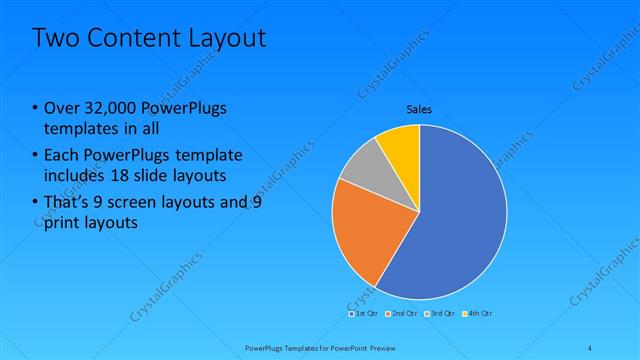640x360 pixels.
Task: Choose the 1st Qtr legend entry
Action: pos(365,313)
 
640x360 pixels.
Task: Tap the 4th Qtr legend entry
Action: pos(479,313)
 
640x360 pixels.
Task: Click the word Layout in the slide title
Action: pos(227,39)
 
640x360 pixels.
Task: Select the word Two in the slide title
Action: pos(54,39)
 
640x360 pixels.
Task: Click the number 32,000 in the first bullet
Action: pos(108,109)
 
